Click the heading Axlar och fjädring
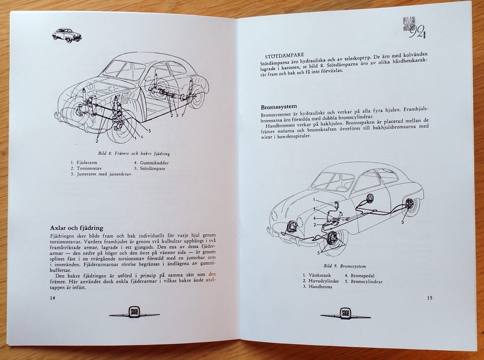[x=77, y=228]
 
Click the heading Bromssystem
[x=279, y=107]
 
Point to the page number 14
[x=52, y=298]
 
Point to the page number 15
[x=430, y=298]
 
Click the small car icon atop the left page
[x=67, y=34]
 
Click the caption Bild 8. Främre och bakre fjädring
[x=134, y=153]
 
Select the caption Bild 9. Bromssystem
[x=345, y=266]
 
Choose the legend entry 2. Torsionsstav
[x=86, y=168]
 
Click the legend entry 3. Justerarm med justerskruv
[x=101, y=174]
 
